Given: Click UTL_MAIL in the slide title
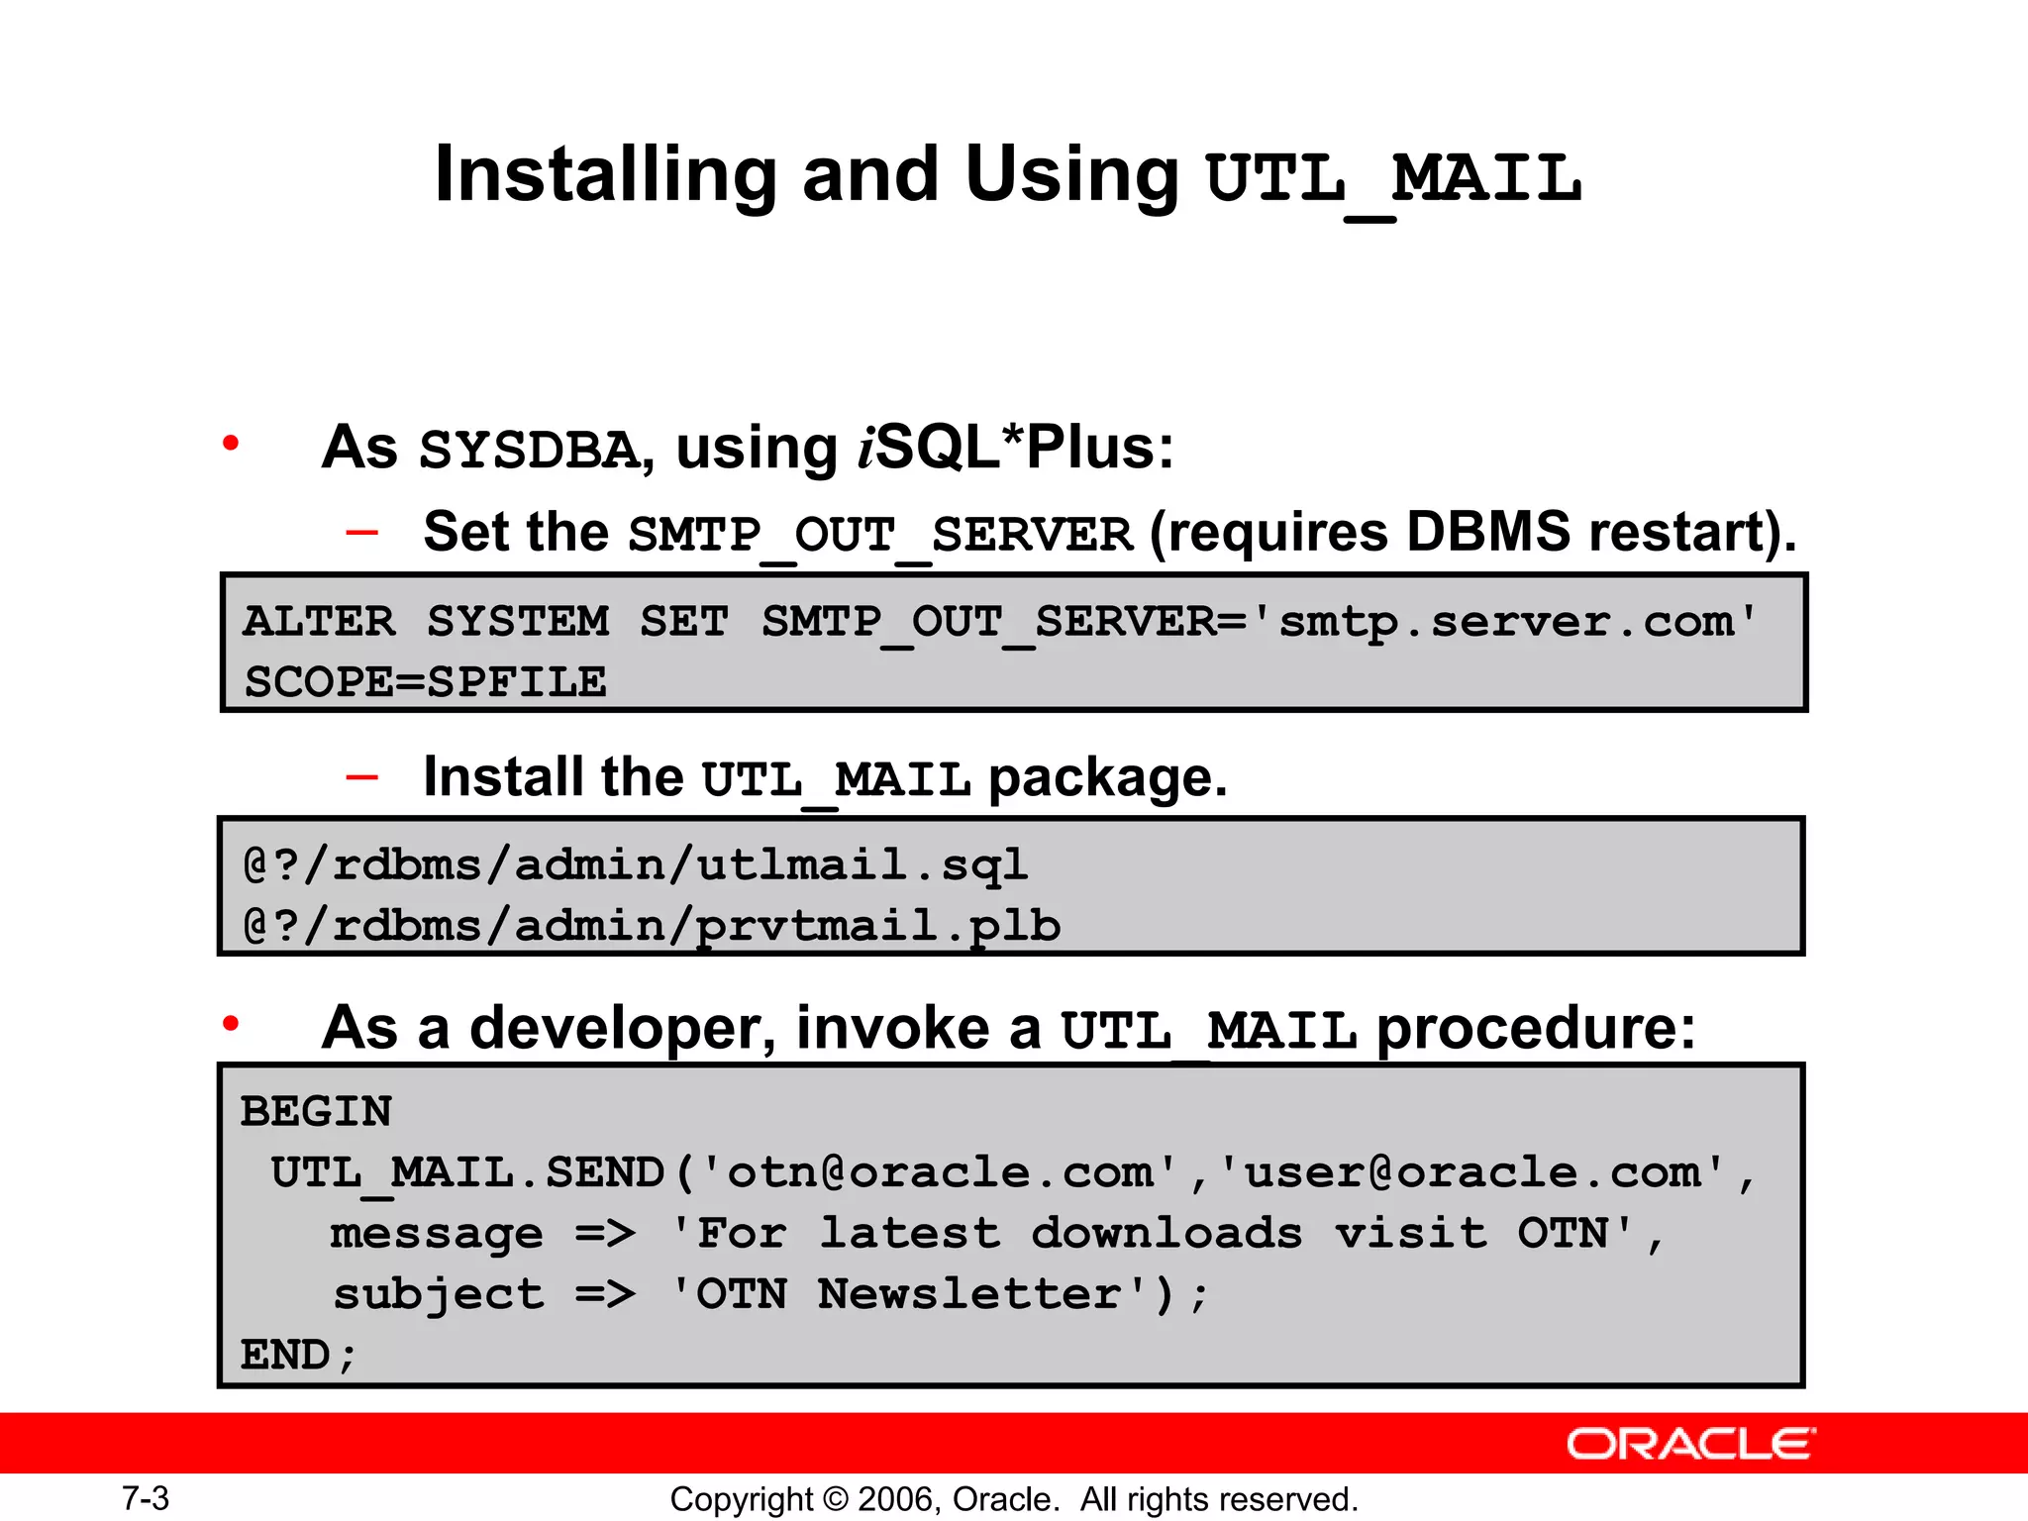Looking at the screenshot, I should (1393, 179).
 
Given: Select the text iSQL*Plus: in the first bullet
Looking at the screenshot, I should (1016, 448).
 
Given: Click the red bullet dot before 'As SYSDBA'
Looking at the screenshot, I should (231, 443).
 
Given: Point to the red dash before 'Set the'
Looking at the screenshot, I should (362, 533).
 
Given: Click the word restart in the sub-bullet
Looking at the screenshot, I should (1677, 533).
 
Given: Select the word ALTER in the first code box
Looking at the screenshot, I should (319, 622).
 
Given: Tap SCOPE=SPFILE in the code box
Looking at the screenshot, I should (426, 682).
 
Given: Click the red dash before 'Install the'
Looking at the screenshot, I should (362, 777).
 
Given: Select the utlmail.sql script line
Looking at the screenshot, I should (636, 865).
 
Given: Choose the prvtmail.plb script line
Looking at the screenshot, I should (652, 926).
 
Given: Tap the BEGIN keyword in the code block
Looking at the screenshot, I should (316, 1112).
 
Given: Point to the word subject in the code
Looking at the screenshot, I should (439, 1295).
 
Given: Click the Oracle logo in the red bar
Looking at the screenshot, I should (1690, 1444).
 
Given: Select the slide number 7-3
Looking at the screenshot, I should (146, 1498).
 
